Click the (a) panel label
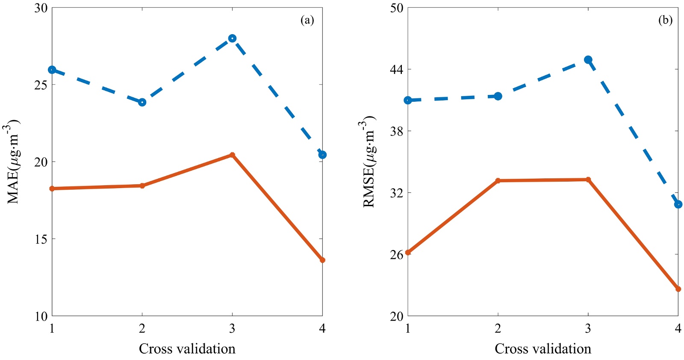[x=307, y=20]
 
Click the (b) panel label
[x=665, y=20]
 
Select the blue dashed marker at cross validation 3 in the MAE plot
[x=232, y=38]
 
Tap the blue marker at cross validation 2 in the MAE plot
[x=142, y=102]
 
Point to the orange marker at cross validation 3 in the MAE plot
[x=232, y=155]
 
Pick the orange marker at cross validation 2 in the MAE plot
[x=142, y=186]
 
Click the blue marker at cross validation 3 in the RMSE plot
[x=588, y=60]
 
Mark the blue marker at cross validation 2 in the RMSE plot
[x=498, y=96]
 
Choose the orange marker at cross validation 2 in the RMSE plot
[x=498, y=180]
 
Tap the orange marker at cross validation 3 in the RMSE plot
[x=588, y=180]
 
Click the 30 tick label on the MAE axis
[x=41, y=8]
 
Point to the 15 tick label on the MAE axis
[x=41, y=239]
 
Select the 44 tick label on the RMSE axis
[x=397, y=69]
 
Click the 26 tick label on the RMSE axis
[x=397, y=255]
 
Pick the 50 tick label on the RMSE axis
[x=397, y=8]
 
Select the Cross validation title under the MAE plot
[x=187, y=349]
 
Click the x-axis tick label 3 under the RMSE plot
[x=588, y=328]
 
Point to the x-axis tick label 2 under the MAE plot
[x=142, y=328]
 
